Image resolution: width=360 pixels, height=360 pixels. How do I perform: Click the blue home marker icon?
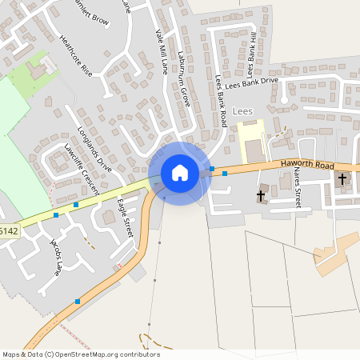[180, 173]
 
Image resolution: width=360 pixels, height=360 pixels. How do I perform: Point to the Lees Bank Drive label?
[251, 81]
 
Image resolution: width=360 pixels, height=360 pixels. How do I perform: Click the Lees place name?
[242, 110]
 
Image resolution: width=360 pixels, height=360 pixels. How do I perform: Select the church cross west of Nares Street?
[261, 194]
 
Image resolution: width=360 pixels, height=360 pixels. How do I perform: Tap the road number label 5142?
[9, 231]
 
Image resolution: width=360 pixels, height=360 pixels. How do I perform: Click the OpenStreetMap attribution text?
[81, 354]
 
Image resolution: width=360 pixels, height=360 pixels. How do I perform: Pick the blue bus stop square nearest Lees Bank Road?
[212, 169]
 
